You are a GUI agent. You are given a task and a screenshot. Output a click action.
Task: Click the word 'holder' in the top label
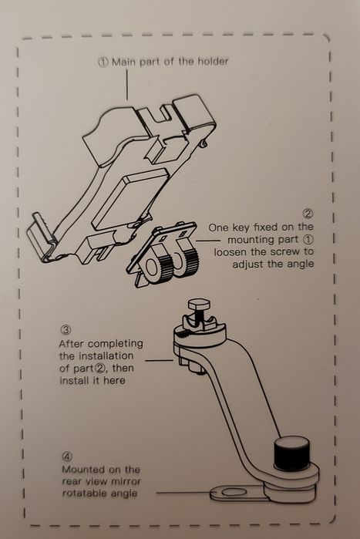213,62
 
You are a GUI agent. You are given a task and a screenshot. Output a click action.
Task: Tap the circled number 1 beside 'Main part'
103,62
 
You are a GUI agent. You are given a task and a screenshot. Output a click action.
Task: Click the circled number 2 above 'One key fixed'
308,214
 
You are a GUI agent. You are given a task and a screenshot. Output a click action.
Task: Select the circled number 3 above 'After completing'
66,330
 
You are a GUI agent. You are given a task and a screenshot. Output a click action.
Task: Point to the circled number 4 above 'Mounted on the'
67,456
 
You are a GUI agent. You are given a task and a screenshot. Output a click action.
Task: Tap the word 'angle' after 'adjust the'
300,264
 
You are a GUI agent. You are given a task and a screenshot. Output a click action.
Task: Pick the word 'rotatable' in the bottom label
83,494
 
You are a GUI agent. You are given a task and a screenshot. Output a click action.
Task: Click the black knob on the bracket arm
291,453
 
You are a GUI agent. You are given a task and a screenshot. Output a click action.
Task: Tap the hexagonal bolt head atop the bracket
199,305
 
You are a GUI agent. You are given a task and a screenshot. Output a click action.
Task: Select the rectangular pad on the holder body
130,199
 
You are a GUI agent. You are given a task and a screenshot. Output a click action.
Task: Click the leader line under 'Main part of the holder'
127,85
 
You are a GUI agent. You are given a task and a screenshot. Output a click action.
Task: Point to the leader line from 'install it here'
159,361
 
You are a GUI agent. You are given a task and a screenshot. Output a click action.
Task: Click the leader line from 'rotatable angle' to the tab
183,493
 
